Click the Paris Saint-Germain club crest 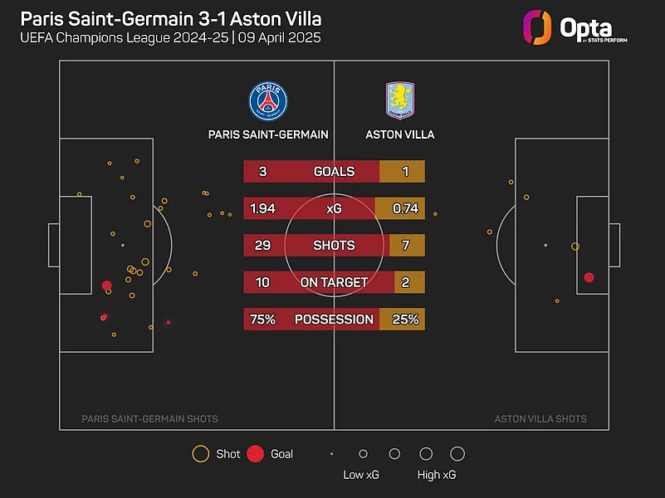[x=268, y=101]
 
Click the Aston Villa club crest [x=399, y=101]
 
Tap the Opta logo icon [x=537, y=27]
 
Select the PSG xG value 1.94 [x=262, y=208]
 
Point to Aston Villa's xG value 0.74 [x=405, y=208]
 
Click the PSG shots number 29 [x=262, y=246]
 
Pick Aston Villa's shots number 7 [x=405, y=246]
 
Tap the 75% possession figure [x=262, y=320]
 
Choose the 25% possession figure [x=405, y=320]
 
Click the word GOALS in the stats [x=334, y=172]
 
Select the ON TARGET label [x=334, y=282]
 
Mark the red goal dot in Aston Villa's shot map [x=589, y=277]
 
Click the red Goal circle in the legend [x=256, y=454]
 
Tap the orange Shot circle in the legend [x=200, y=454]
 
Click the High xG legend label [x=437, y=475]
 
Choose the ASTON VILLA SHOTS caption [x=540, y=419]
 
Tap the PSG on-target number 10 [x=262, y=282]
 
